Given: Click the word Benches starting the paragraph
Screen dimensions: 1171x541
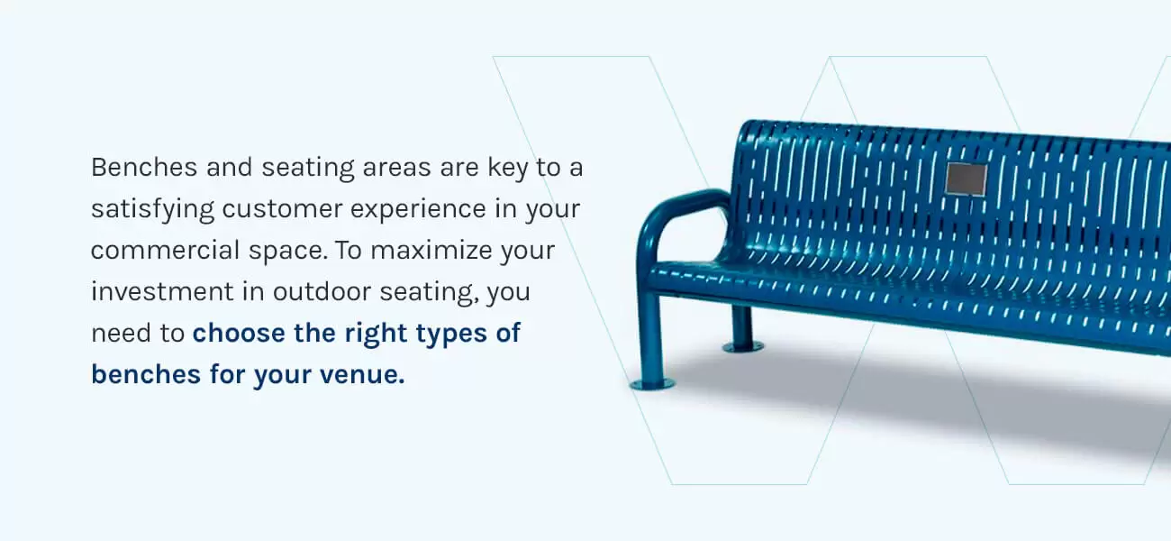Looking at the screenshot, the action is click(x=144, y=168).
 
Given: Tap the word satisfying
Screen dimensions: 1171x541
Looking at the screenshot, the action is click(x=152, y=210).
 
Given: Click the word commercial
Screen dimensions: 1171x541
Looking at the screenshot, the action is click(x=165, y=250).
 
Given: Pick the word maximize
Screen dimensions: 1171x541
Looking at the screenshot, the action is click(x=431, y=250).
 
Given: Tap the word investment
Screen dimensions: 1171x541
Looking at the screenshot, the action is click(x=162, y=291).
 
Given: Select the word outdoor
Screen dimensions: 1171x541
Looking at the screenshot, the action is click(x=322, y=291).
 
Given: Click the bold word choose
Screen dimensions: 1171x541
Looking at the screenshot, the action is click(x=239, y=333).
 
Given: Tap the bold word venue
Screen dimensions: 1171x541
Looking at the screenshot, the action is click(x=362, y=374).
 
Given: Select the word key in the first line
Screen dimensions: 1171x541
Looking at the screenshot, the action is click(x=507, y=169).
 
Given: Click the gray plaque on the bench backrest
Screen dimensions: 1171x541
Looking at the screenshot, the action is click(x=967, y=179).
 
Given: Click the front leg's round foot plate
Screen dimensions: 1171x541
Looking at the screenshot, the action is click(x=652, y=384).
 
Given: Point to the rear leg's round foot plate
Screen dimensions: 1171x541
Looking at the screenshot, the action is click(x=743, y=346).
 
